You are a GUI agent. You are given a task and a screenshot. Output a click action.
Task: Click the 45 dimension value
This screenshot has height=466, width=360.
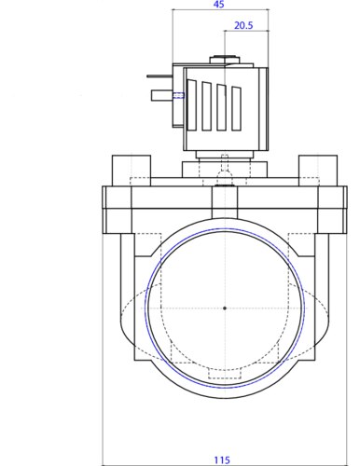pos(219,5)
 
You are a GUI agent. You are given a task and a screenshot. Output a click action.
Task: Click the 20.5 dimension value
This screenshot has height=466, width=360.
pos(243,25)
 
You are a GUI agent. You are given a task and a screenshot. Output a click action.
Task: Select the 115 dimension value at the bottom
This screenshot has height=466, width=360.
pos(222,459)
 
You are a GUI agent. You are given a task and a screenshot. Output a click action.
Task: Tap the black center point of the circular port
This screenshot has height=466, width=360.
pos(225,308)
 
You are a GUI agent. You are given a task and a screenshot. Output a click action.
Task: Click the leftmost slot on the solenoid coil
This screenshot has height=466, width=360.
pos(192,104)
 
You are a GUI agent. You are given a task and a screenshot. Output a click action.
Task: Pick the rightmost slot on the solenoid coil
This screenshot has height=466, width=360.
pos(236,108)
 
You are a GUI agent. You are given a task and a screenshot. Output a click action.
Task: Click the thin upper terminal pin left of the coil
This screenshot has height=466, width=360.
pos(159,75)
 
